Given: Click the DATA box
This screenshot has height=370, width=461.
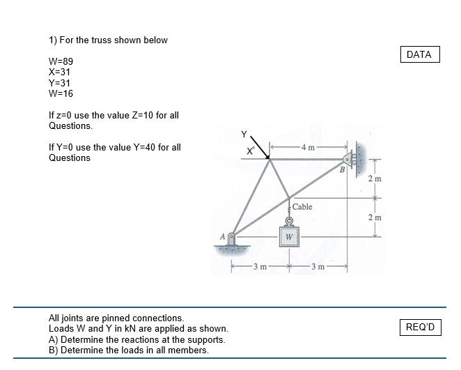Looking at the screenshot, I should (419, 54).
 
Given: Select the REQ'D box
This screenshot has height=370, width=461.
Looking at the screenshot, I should (420, 327).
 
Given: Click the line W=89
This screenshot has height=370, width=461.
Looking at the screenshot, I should (61, 61).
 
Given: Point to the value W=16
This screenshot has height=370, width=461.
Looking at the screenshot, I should (61, 93).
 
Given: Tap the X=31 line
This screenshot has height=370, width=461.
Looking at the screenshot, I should (59, 72).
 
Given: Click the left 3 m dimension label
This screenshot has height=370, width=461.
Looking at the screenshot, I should (258, 267).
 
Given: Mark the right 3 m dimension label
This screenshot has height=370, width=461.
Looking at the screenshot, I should (317, 267).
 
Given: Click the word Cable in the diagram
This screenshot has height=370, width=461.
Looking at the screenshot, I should (302, 207).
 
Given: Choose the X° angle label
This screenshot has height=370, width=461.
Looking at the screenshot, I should (249, 151).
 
